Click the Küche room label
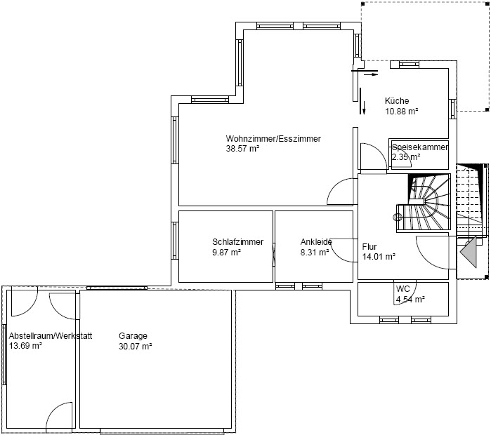click(397, 101)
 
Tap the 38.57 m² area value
click(242, 149)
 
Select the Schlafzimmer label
click(237, 242)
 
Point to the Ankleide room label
click(316, 242)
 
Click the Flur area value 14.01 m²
click(379, 257)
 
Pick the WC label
click(402, 288)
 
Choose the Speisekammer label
click(420, 147)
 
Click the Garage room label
click(133, 336)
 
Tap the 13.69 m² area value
click(25, 346)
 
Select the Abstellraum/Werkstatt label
click(51, 336)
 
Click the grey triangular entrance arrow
click(469, 252)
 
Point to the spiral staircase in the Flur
click(423, 203)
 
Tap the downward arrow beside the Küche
click(364, 107)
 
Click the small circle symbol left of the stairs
click(398, 216)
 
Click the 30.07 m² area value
click(136, 346)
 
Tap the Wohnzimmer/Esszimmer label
click(273, 138)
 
